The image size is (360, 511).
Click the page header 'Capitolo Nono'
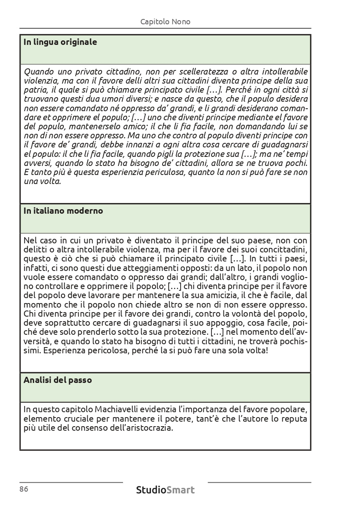pos(165,21)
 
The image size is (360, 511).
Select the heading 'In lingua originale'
pos(60,42)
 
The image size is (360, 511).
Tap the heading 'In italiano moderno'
pos(63,211)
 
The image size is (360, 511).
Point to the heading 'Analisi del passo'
pos(58,380)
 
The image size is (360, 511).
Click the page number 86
pos(23,489)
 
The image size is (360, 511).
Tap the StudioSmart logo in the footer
pos(165,490)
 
